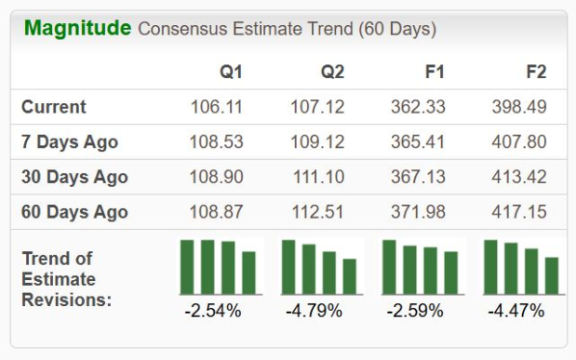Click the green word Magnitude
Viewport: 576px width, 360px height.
[x=77, y=29]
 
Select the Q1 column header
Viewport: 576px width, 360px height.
[x=231, y=72]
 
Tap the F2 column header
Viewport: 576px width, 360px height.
[x=536, y=72]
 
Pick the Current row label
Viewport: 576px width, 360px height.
[x=54, y=107]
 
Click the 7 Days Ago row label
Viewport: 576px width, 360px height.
[x=70, y=141]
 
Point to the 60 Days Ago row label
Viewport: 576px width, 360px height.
[x=74, y=212]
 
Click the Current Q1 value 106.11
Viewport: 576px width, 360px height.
[x=217, y=107]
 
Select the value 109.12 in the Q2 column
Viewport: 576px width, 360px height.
[x=317, y=141]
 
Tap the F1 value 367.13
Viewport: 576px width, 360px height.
[x=418, y=177]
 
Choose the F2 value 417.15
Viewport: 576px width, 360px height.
[x=519, y=212]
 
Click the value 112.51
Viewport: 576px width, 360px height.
[x=317, y=212]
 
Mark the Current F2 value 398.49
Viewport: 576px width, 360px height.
[x=519, y=107]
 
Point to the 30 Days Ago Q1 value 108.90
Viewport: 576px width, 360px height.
[x=217, y=177]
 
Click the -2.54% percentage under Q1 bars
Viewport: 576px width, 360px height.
[x=213, y=311]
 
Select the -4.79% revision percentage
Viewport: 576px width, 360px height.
[x=315, y=311]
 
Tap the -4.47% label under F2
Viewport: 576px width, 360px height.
[x=516, y=311]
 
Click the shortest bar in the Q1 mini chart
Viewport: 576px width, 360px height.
[x=248, y=273]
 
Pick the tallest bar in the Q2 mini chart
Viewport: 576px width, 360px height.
[x=288, y=267]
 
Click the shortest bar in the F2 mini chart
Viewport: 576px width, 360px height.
[x=552, y=275]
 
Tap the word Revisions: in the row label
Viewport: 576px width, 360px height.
[x=66, y=300]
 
